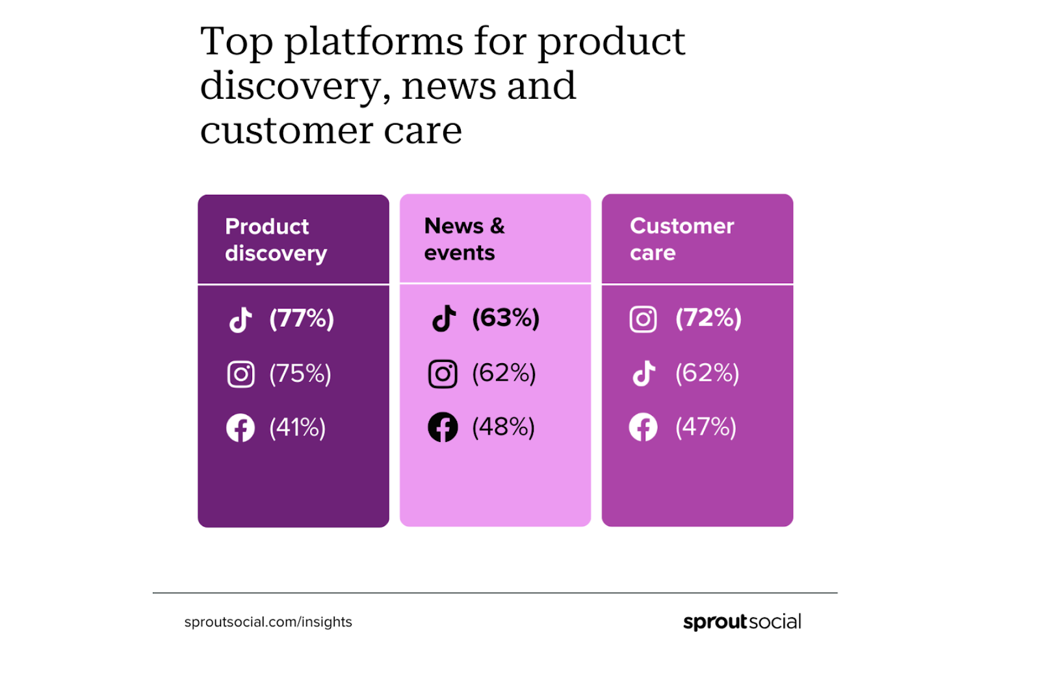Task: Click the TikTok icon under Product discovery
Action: pyautogui.click(x=240, y=320)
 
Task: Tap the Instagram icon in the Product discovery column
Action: pyautogui.click(x=240, y=374)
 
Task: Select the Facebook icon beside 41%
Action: pyautogui.click(x=240, y=428)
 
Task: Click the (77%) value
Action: pyautogui.click(x=302, y=319)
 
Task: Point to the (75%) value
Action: pyautogui.click(x=300, y=374)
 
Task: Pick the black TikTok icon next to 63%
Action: pyautogui.click(x=444, y=318)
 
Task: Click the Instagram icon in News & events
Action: pyautogui.click(x=443, y=374)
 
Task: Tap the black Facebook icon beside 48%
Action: pyautogui.click(x=443, y=428)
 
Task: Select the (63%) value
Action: pyautogui.click(x=506, y=318)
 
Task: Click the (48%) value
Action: pyautogui.click(x=504, y=427)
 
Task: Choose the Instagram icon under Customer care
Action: pyautogui.click(x=643, y=319)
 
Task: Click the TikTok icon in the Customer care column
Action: pyautogui.click(x=643, y=374)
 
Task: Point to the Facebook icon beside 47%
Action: pyautogui.click(x=643, y=428)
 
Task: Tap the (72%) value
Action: pyautogui.click(x=708, y=318)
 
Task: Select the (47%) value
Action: pyautogui.click(x=706, y=427)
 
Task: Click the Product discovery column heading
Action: pyautogui.click(x=276, y=240)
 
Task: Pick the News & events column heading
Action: pyautogui.click(x=464, y=239)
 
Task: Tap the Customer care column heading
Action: pyautogui.click(x=682, y=239)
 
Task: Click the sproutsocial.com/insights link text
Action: pyautogui.click(x=268, y=622)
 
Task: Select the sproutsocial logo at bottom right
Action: pyautogui.click(x=742, y=622)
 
